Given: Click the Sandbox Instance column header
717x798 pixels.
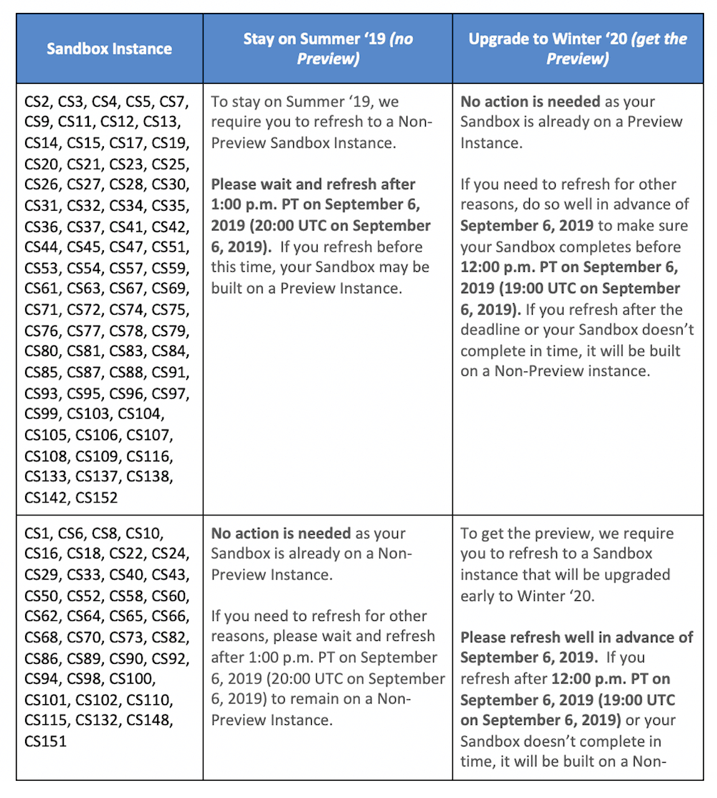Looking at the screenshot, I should tap(109, 49).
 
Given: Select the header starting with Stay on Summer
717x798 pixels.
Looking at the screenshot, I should tap(328, 48).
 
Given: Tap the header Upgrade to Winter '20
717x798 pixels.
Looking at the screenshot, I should tap(577, 48).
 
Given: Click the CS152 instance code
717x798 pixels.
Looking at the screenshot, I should tap(97, 497).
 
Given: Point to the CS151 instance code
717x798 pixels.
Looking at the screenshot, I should tap(45, 741).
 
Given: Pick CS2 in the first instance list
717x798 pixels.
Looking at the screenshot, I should tap(37, 102).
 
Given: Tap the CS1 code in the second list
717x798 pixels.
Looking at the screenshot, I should tap(37, 533).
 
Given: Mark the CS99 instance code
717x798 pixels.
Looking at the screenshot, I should tap(42, 414).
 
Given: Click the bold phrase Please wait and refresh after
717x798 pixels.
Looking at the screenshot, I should tap(313, 184).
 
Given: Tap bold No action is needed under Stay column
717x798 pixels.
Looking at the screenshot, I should tap(280, 533).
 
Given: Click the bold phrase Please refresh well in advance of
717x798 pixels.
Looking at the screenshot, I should tap(576, 637).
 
